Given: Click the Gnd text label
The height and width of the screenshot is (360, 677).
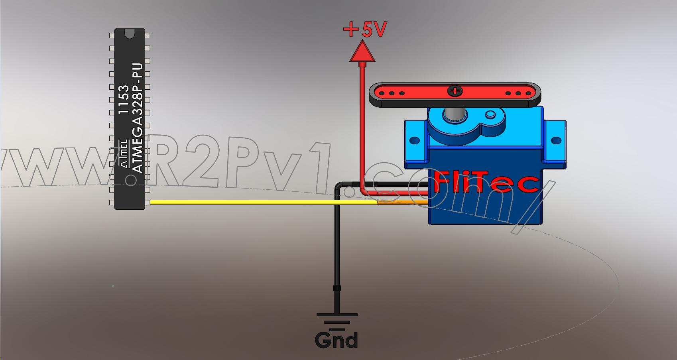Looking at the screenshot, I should (x=336, y=340).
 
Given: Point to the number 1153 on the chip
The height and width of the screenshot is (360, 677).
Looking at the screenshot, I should (x=124, y=100).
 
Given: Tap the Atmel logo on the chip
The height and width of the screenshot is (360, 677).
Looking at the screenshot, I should (x=124, y=153).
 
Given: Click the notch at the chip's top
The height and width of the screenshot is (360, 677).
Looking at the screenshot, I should (x=130, y=34).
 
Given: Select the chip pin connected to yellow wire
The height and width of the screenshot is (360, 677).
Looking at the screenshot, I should (x=147, y=203).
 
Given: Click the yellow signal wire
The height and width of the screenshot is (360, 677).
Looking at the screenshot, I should (x=259, y=203).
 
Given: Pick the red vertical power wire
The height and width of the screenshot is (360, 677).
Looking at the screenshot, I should (x=363, y=128).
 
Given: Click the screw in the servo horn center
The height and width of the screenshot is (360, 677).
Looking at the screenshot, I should (x=454, y=91).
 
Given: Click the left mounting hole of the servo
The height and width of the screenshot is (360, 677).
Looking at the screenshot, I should (x=415, y=140).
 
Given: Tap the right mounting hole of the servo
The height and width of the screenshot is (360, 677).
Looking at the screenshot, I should (x=555, y=140).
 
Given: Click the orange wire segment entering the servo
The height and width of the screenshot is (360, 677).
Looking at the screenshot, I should (x=403, y=203).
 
